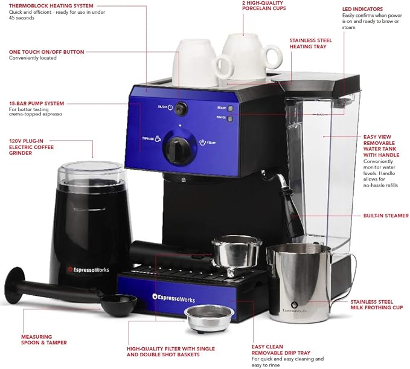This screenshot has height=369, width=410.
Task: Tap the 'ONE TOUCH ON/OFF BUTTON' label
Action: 46,52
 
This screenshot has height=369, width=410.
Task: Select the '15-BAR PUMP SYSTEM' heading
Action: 37,103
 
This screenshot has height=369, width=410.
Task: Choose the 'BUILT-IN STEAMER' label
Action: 386,216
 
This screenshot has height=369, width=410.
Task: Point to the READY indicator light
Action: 230,108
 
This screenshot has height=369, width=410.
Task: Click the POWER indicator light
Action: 230,118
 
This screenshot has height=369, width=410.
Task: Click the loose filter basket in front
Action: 209,316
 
